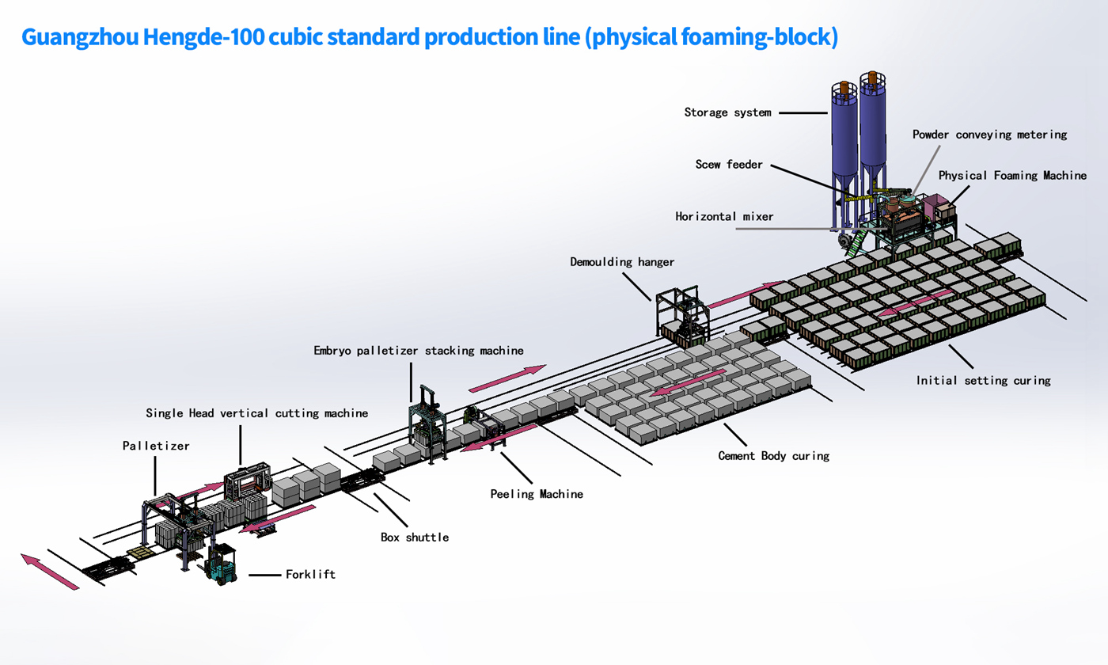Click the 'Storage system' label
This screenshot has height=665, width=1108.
(727, 112)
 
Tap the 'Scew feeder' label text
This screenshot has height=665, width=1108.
(729, 165)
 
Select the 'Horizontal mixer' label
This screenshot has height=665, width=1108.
(724, 216)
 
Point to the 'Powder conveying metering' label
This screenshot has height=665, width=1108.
(989, 135)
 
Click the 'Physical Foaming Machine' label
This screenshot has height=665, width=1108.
(1012, 176)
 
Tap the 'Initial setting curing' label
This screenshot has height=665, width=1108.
(983, 381)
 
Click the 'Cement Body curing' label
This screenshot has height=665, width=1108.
(773, 456)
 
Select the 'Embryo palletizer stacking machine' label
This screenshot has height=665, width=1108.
(418, 350)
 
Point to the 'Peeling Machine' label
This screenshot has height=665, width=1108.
(537, 494)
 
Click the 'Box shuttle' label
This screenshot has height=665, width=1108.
(415, 538)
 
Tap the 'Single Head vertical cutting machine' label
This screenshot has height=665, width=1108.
(256, 413)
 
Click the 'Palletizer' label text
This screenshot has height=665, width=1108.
(156, 446)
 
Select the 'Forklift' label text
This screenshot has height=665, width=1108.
(310, 575)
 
